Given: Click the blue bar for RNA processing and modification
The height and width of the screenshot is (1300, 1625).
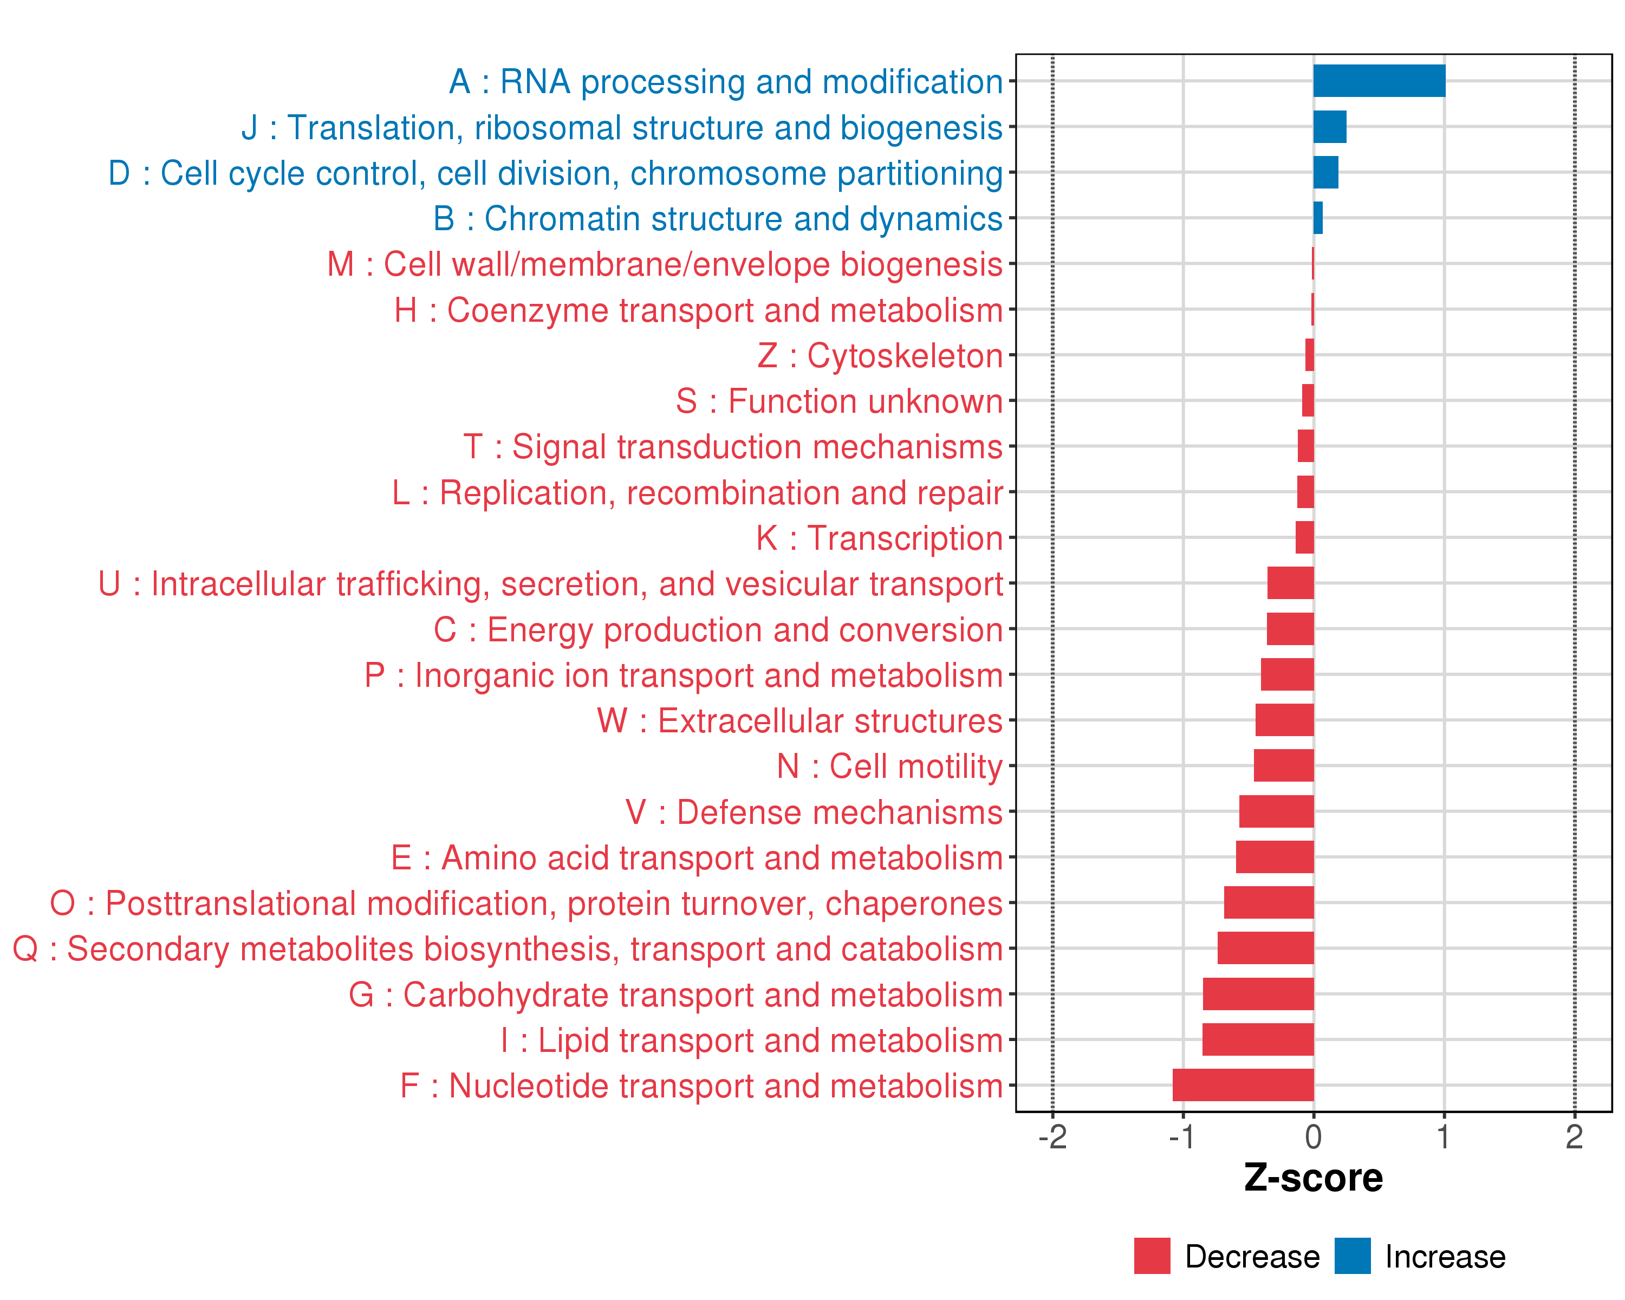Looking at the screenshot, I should click(1379, 81).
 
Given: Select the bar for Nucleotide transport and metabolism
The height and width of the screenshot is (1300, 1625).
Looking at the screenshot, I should click(1243, 1085).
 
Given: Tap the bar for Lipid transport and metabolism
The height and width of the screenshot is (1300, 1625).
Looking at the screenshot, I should click(1257, 1039).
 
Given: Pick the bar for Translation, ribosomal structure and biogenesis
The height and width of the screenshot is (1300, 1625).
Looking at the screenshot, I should click(1330, 127).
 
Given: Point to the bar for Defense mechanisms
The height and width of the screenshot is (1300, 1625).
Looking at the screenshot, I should click(1276, 811).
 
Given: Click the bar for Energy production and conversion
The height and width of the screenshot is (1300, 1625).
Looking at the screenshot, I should click(1290, 628).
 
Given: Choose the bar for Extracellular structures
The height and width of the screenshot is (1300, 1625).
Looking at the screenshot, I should click(1284, 720).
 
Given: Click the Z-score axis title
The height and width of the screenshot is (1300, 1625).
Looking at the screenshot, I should click(1313, 1178).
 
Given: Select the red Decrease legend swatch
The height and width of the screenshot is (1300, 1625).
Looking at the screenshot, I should click(1152, 1256).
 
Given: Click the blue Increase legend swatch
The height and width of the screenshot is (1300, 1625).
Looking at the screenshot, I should click(1352, 1256).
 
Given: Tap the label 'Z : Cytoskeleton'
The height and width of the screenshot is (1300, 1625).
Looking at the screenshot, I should click(880, 356).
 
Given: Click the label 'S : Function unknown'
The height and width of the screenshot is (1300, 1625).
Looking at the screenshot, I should click(839, 401).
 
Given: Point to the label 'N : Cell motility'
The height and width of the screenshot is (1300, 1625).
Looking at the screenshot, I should click(889, 766).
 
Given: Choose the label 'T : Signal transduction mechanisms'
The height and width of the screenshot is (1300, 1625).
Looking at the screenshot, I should click(733, 447).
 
